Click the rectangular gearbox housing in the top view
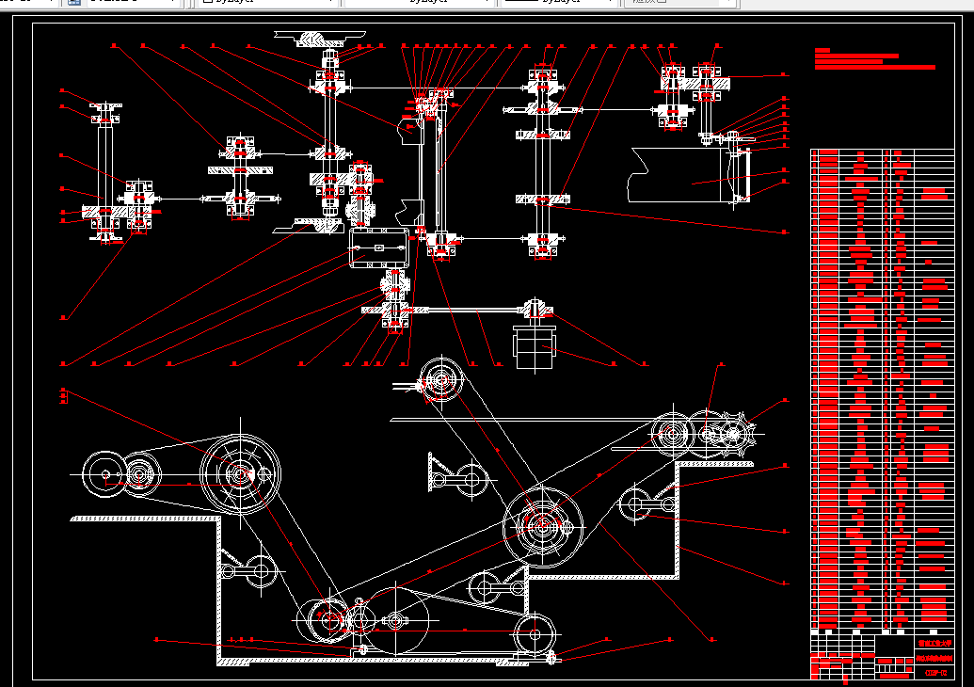click(376, 251)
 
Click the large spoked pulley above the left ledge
click(240, 473)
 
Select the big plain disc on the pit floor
click(399, 619)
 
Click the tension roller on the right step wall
click(635, 504)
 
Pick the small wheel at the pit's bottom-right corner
click(535, 635)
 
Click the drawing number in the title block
click(934, 672)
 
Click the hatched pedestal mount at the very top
click(320, 40)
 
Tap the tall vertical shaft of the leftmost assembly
click(105, 160)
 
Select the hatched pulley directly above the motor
click(534, 308)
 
